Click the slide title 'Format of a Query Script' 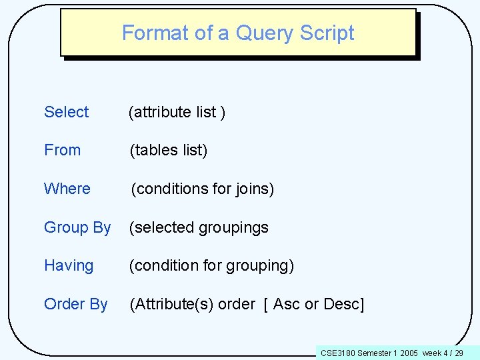click(x=238, y=33)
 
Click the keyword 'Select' click(x=66, y=112)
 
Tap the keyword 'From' click(x=62, y=150)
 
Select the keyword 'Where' click(x=67, y=189)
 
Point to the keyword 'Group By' click(x=77, y=227)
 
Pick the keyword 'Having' click(x=69, y=265)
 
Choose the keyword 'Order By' click(x=75, y=304)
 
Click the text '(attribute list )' click(x=177, y=112)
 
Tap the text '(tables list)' click(x=169, y=150)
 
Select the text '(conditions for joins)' click(x=202, y=189)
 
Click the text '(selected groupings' click(x=199, y=227)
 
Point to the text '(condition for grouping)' click(x=211, y=265)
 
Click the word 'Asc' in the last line click(x=287, y=304)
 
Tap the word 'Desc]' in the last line click(x=343, y=304)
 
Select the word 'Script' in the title click(x=329, y=33)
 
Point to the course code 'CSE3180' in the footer click(x=338, y=353)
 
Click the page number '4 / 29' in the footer click(x=453, y=353)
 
